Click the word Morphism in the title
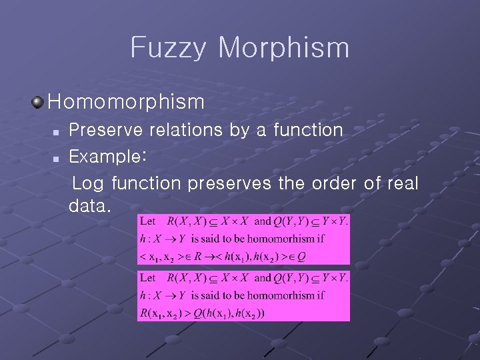point(283,48)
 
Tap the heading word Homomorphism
point(126,102)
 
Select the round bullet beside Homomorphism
point(38,102)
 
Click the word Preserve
point(103,129)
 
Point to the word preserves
point(230,183)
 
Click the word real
point(401,183)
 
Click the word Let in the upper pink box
point(147,221)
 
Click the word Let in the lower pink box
point(147,277)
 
